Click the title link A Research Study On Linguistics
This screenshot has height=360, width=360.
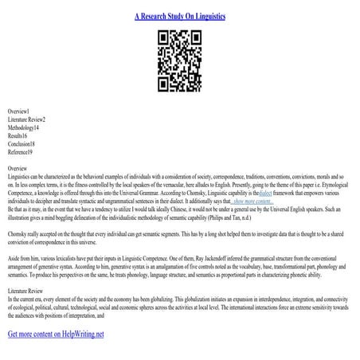pyautogui.click(x=180, y=16)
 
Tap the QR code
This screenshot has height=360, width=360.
pyautogui.click(x=179, y=54)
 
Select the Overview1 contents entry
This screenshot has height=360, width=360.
pyautogui.click(x=18, y=110)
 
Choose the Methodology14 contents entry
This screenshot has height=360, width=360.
pyautogui.click(x=24, y=127)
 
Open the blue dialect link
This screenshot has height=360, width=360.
pyautogui.click(x=266, y=194)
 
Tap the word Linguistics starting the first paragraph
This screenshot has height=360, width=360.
pyautogui.click(x=20, y=177)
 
